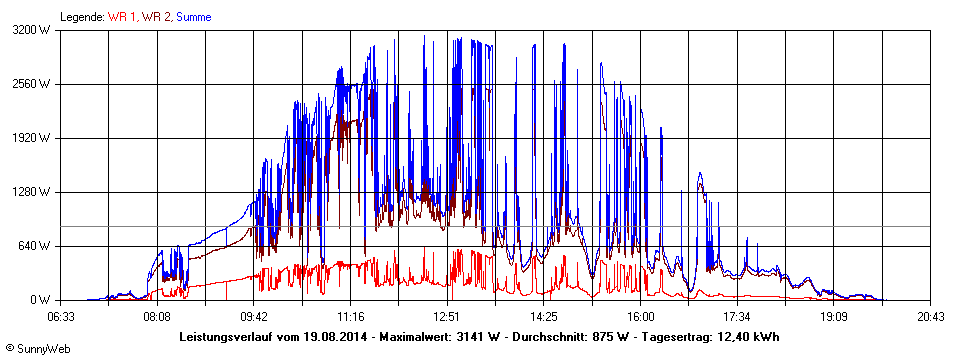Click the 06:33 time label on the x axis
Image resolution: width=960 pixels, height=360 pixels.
tap(61, 315)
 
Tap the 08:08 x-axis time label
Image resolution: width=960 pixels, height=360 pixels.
tap(157, 315)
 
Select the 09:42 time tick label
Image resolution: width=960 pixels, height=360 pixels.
tap(254, 315)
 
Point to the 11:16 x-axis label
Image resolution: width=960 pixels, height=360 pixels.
tap(351, 315)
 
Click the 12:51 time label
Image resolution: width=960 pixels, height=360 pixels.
tap(447, 315)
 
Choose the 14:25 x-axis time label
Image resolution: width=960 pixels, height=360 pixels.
tap(544, 315)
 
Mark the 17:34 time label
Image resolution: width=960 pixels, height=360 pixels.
tap(737, 315)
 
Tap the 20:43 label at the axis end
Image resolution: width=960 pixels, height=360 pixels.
tap(930, 315)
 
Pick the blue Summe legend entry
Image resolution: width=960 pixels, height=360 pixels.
tap(194, 17)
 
